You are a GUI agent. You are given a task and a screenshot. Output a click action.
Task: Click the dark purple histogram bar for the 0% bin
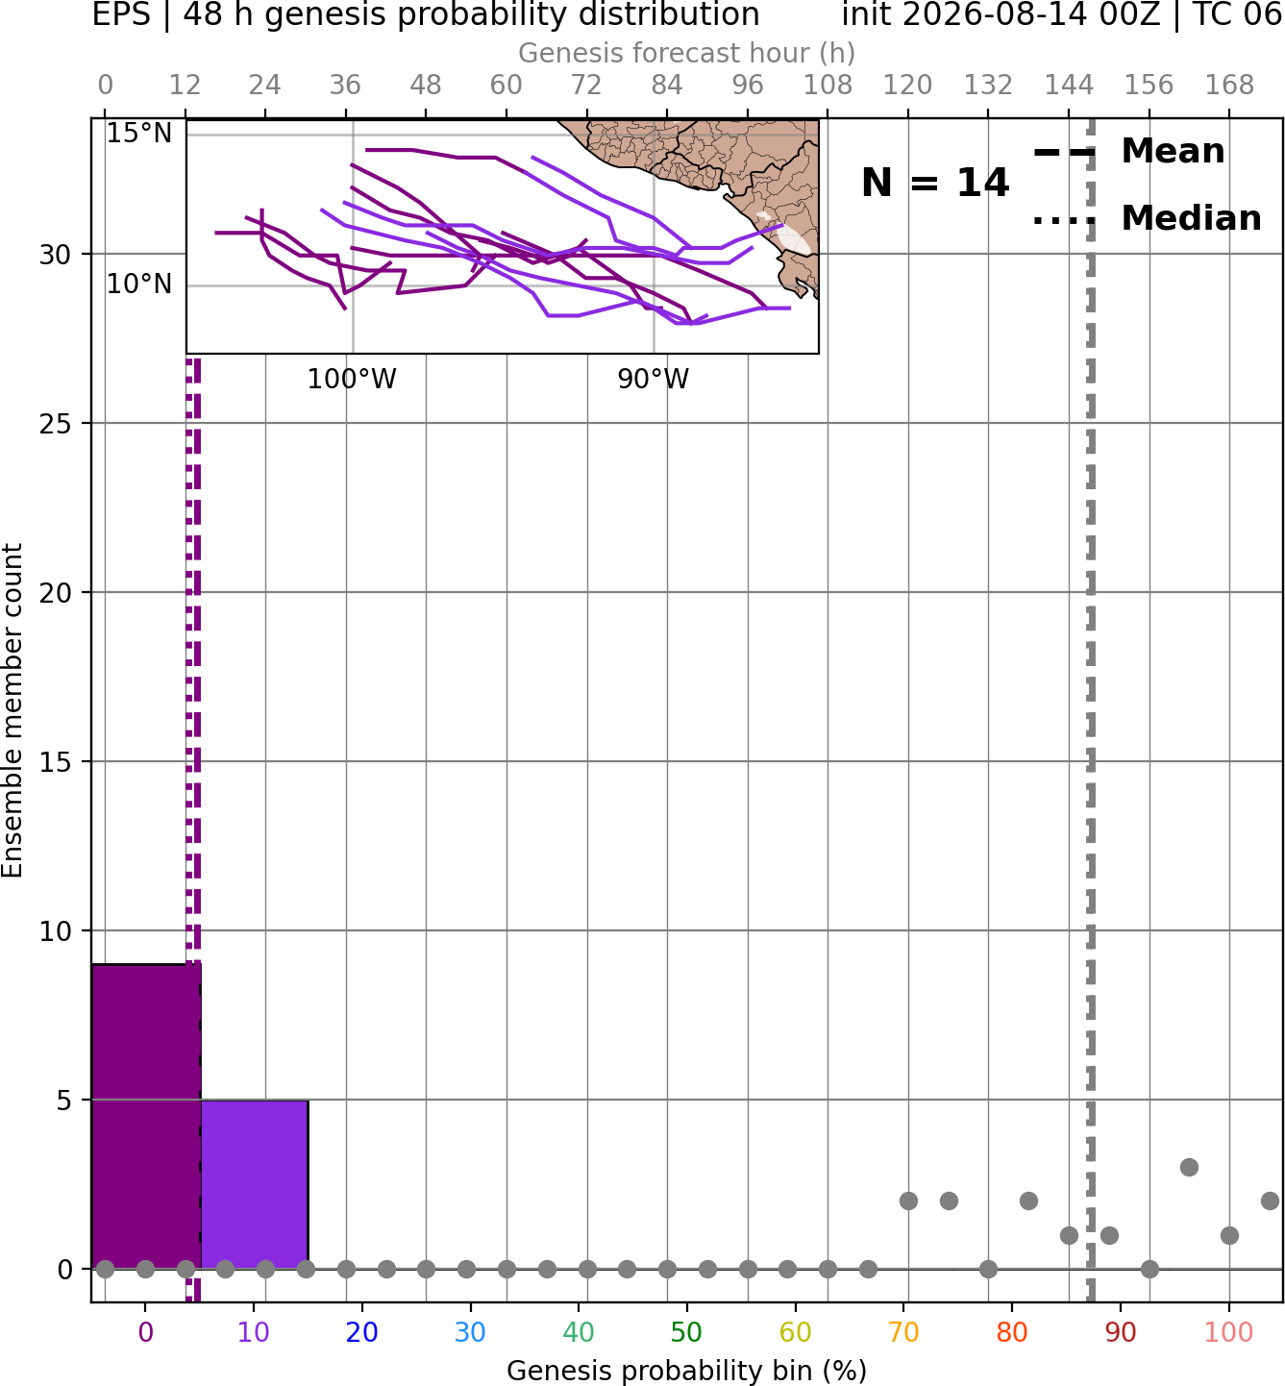[146, 1116]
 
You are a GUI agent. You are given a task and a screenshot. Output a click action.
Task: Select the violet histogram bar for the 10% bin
[255, 1184]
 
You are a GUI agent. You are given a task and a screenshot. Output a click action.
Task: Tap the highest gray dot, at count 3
[1190, 1167]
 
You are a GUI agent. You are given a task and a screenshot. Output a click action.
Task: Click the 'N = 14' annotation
[934, 183]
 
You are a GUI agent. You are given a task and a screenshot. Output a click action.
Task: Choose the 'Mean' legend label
[1173, 152]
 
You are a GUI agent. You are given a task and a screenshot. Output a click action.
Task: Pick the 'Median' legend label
[1192, 218]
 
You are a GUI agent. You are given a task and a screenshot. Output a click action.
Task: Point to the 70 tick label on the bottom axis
[903, 1332]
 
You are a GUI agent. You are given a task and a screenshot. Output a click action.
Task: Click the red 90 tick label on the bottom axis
[1121, 1332]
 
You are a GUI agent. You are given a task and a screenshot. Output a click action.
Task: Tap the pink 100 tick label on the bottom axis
[1229, 1332]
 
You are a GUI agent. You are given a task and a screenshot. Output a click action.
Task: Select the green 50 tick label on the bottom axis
[687, 1332]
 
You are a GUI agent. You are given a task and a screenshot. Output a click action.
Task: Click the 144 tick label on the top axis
[1069, 86]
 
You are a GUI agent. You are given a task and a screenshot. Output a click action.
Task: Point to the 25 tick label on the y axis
[56, 424]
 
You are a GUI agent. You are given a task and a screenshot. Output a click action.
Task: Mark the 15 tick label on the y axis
[56, 761]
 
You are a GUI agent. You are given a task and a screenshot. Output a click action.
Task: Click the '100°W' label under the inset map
[352, 380]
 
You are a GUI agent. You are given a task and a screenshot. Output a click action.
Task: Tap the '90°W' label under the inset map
[654, 380]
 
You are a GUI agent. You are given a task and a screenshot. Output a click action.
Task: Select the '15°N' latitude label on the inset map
[139, 133]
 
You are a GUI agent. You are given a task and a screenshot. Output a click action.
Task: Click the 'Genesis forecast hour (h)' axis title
[687, 53]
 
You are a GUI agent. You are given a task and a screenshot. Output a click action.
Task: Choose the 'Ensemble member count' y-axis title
[12, 710]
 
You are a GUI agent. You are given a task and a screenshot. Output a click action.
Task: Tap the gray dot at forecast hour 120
[908, 1201]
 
